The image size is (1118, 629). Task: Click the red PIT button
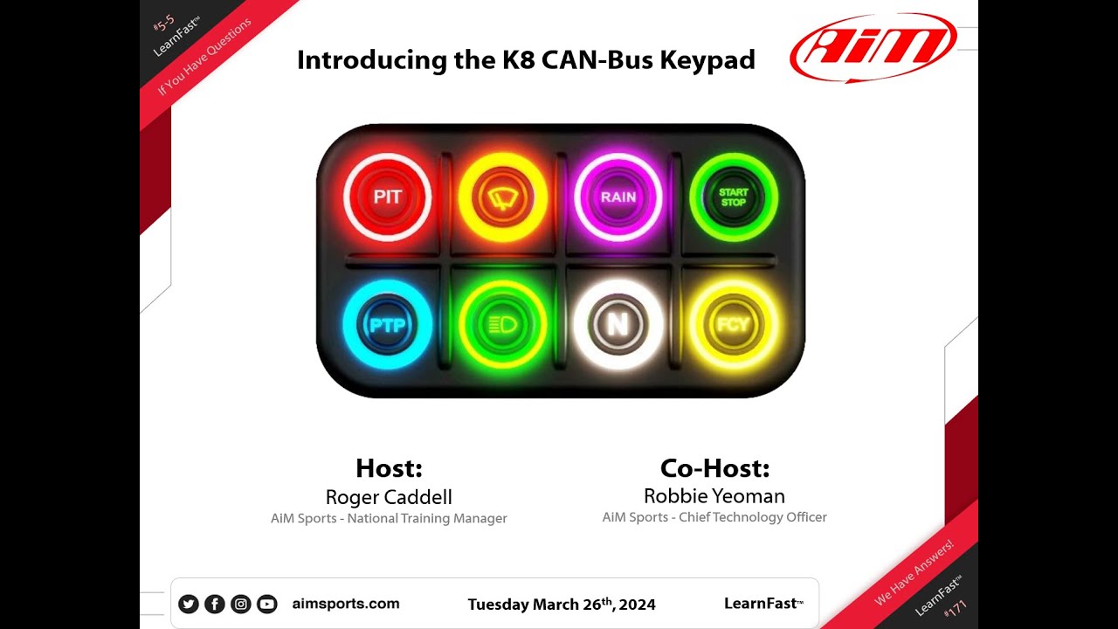click(387, 197)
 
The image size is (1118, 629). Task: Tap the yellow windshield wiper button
click(502, 197)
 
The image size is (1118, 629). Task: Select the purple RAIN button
click(618, 197)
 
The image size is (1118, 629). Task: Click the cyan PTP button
click(387, 326)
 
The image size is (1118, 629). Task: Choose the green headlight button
click(502, 326)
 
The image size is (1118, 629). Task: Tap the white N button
click(618, 325)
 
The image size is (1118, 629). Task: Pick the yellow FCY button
click(733, 325)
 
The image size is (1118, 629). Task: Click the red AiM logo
click(873, 47)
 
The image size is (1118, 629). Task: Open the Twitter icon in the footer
click(188, 604)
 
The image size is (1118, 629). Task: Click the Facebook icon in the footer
click(214, 604)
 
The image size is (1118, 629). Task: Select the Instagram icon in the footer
click(240, 604)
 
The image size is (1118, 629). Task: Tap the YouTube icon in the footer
click(266, 604)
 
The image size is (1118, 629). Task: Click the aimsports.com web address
click(346, 604)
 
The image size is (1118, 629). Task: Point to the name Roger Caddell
click(389, 497)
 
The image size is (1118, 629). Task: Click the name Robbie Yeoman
click(714, 496)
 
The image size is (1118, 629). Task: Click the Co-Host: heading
click(714, 469)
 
